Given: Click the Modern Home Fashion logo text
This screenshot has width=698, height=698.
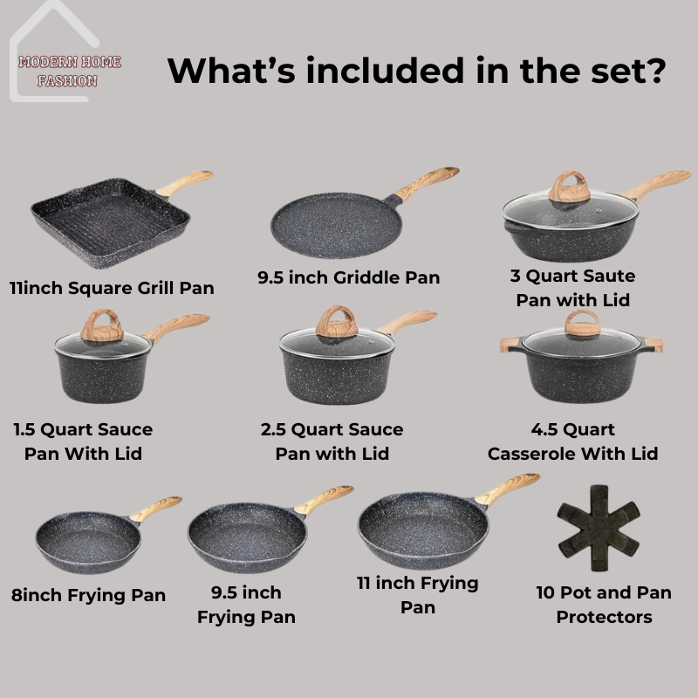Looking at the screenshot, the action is pos(70,72).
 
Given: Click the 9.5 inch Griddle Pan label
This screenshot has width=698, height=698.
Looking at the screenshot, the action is pos(348,277).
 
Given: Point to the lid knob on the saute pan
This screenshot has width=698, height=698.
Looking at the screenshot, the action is pos(570,186).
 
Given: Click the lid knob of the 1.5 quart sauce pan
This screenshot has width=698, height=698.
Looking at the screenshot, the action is pos(101,325).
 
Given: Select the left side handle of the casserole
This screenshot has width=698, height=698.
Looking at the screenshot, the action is pos(510,344).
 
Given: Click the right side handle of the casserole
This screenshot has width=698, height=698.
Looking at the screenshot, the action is pos(653,345).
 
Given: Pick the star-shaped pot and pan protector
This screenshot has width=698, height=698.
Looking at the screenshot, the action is pos(599,528).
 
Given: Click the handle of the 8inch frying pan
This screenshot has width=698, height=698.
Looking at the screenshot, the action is pos(156,509).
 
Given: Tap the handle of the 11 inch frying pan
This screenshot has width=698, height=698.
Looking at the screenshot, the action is pos(508,489).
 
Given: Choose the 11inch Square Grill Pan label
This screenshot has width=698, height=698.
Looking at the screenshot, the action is pos(112,288).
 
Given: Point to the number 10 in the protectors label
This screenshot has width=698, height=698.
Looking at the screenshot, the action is pos(545,592).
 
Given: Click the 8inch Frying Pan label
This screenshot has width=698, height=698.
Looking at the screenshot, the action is pos(88,595).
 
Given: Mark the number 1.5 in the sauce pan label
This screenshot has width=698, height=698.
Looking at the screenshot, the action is pos(24,429).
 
